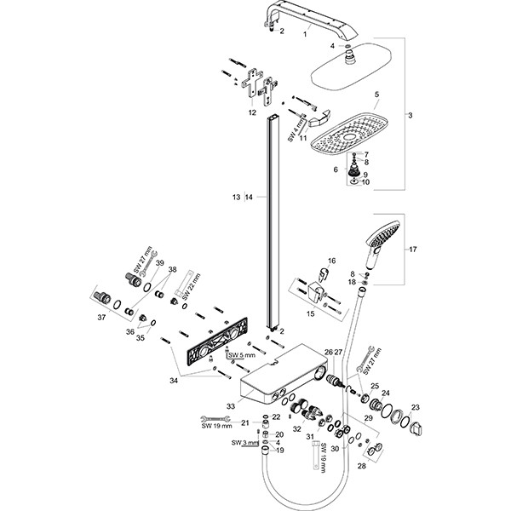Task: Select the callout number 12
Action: [251, 112]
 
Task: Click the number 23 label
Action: [416, 407]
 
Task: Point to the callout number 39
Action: [159, 264]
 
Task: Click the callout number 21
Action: [244, 422]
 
